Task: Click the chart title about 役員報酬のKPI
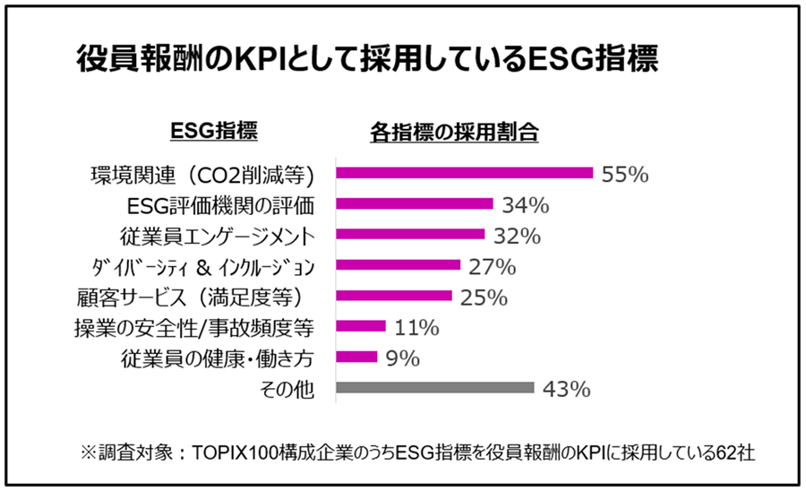click(x=367, y=59)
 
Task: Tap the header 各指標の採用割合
click(x=454, y=132)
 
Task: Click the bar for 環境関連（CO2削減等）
click(x=464, y=173)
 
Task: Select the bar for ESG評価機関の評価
click(x=414, y=204)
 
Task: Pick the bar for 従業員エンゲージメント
click(x=409, y=235)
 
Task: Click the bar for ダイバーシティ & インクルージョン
click(x=397, y=265)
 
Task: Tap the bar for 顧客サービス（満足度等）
click(x=393, y=296)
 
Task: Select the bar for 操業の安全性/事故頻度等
click(x=360, y=327)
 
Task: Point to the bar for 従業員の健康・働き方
click(x=356, y=357)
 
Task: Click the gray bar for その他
click(x=434, y=388)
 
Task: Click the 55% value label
click(x=624, y=174)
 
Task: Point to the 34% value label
click(x=524, y=205)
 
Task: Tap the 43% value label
click(x=565, y=389)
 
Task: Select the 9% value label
click(x=403, y=358)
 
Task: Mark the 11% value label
click(x=412, y=328)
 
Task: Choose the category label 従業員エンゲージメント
click(x=217, y=236)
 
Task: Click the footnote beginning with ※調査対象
click(x=402, y=452)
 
